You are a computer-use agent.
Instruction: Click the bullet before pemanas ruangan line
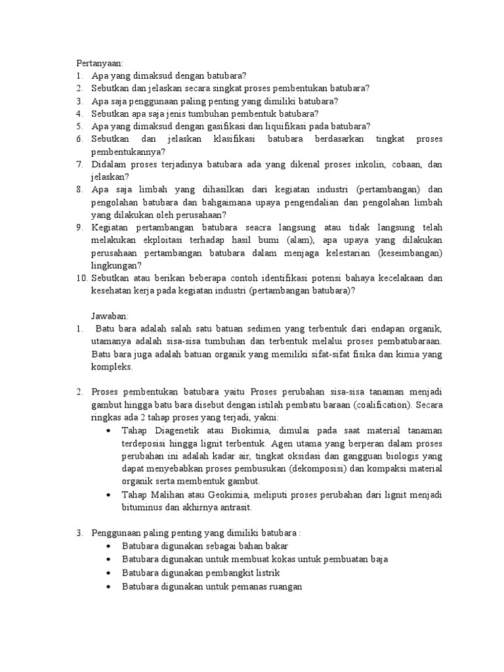108,585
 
